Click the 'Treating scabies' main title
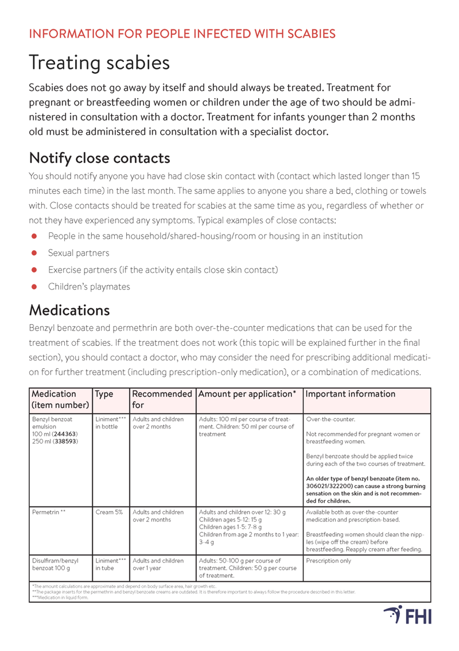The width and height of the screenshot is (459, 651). [99, 63]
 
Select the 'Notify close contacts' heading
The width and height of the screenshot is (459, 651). [99, 157]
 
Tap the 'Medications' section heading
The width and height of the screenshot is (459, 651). [69, 310]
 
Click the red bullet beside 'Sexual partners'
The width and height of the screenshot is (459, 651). [34, 253]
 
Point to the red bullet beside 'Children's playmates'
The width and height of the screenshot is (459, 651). [34, 286]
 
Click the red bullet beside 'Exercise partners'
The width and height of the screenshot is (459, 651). [34, 270]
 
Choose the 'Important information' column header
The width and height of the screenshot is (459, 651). [351, 394]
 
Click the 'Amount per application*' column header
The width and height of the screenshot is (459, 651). [247, 394]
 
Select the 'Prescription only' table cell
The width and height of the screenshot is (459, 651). [329, 560]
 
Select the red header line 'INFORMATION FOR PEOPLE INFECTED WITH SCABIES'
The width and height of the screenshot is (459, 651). [182, 33]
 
